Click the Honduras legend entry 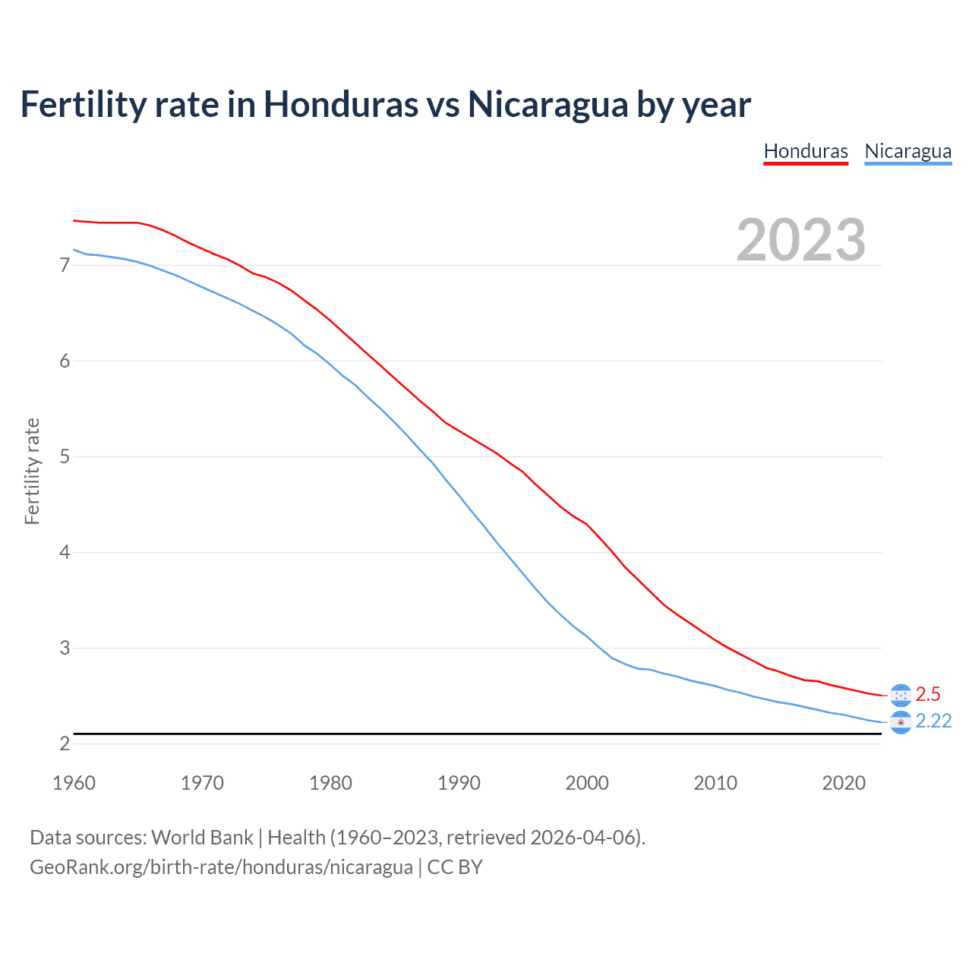click(x=806, y=151)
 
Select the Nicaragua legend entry click(x=907, y=151)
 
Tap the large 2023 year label click(x=800, y=240)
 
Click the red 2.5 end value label click(x=928, y=694)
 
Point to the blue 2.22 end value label click(x=933, y=721)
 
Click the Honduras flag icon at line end click(x=901, y=695)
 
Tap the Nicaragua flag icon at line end click(x=901, y=722)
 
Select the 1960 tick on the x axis click(x=74, y=783)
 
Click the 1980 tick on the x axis click(x=330, y=783)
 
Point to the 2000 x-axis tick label click(x=587, y=783)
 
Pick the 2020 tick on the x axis click(x=844, y=783)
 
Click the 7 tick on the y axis click(x=65, y=265)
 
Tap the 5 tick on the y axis click(x=65, y=456)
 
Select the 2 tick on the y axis click(x=65, y=743)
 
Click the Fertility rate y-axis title click(x=32, y=471)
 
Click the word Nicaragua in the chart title click(x=548, y=104)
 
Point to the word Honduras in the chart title click(x=340, y=104)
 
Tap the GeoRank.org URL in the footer click(x=221, y=866)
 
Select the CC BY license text click(x=455, y=866)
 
